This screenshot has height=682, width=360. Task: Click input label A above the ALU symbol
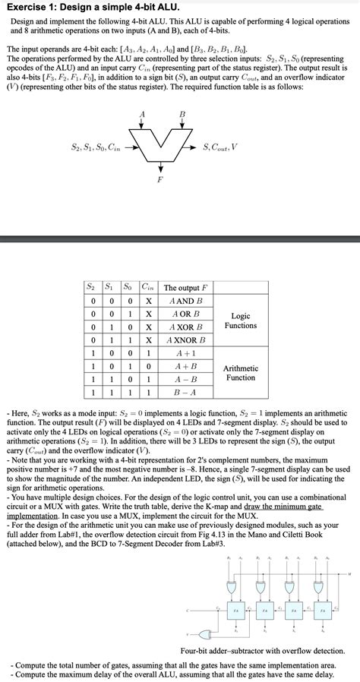[x=142, y=114]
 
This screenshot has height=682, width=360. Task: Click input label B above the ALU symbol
[x=182, y=114]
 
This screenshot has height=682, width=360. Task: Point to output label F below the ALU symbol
[x=159, y=179]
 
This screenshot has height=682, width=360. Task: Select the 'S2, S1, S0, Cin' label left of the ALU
[x=94, y=147]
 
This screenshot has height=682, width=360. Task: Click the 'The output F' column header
[x=185, y=288]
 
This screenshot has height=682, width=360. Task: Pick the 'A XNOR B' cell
[x=185, y=339]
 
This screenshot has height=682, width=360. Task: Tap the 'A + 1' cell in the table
[x=185, y=353]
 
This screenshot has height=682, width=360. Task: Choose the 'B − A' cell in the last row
[x=185, y=393]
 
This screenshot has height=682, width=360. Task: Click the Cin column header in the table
[x=149, y=288]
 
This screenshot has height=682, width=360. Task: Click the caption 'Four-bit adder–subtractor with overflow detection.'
[x=263, y=650]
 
